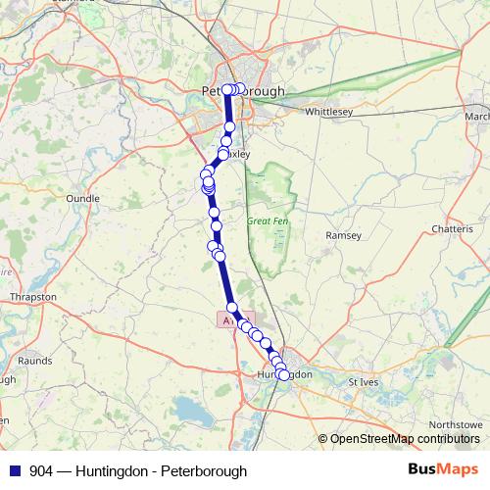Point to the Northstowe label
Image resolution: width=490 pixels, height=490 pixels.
point(458,423)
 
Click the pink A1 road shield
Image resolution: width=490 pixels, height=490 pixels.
point(228,319)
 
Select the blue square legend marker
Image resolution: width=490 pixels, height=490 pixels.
point(15,470)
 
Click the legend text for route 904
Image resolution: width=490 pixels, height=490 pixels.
point(138,470)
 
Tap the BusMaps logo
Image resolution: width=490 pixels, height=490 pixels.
point(442,469)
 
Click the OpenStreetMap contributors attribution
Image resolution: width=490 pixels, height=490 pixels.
point(403,438)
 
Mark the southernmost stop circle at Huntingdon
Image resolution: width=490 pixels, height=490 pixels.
point(284,375)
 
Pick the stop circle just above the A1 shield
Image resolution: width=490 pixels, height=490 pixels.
point(232,308)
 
